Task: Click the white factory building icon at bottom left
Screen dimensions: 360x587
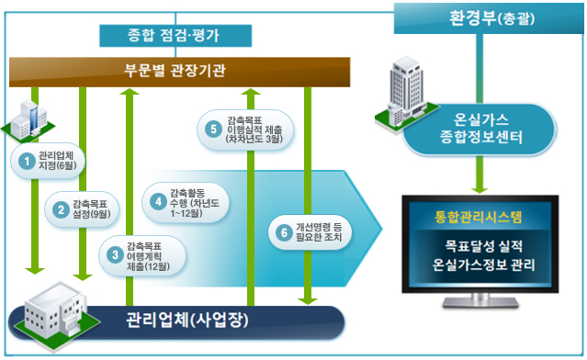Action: (51, 308)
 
